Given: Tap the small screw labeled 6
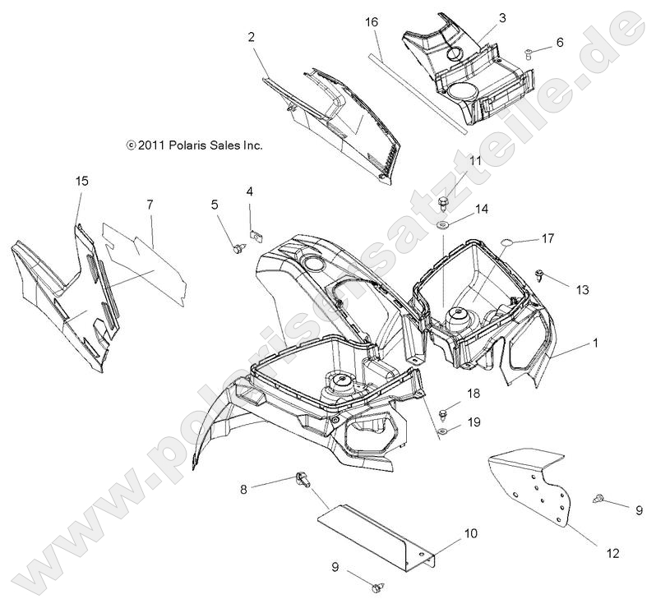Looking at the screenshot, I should coord(529,54).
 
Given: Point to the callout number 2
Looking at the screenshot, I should coord(252,37).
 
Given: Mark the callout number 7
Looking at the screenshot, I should coord(150,203).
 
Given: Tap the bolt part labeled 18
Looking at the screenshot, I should coord(444,408).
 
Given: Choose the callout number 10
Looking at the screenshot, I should coord(470,534).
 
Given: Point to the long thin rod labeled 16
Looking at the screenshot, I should coord(419,91).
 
